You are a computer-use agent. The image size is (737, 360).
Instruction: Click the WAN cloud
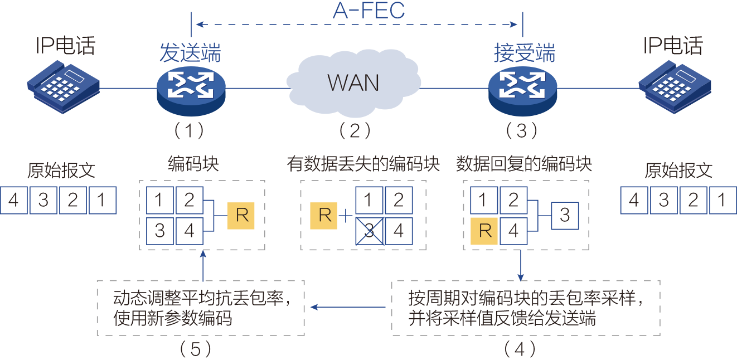(353, 82)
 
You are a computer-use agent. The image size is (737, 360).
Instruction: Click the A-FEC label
(368, 11)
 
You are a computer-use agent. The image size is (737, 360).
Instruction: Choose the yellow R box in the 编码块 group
(241, 215)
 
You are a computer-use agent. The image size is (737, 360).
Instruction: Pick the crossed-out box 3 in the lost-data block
(369, 231)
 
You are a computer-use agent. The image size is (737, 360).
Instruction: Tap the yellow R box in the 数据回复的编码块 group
(485, 231)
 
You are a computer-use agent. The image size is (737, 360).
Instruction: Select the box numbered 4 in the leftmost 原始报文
(14, 200)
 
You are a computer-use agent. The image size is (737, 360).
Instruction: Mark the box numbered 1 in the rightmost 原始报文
(723, 200)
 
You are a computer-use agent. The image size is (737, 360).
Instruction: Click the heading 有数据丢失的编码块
(363, 164)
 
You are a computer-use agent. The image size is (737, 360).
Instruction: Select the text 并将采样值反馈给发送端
(502, 318)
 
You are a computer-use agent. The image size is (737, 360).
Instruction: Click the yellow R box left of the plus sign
(325, 215)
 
